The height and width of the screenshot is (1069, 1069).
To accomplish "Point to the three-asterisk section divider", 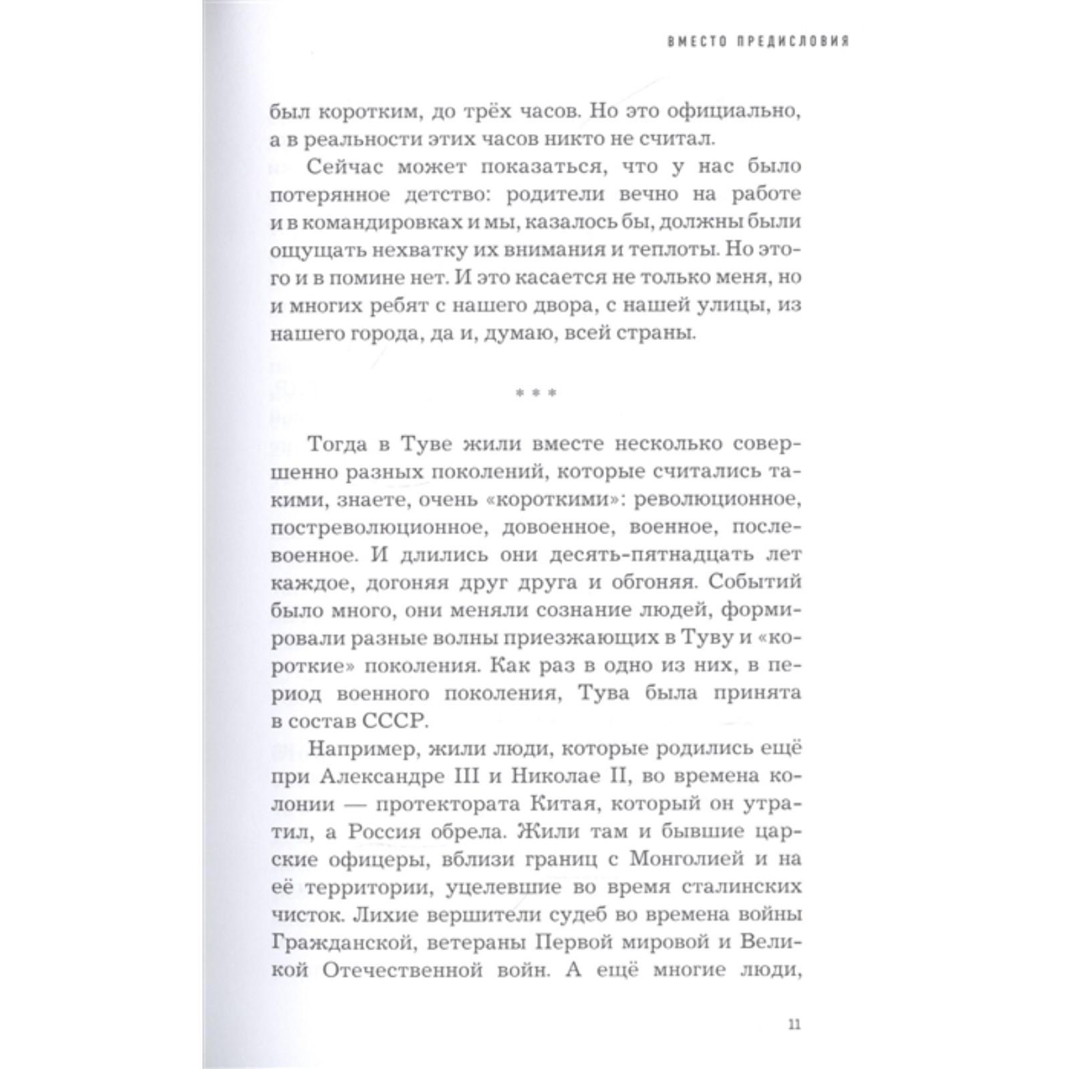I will (535, 394).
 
